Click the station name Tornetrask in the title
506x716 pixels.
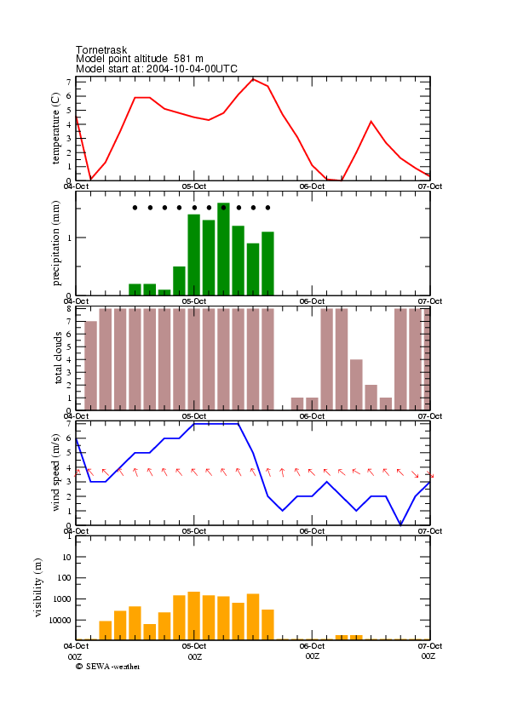[101, 49]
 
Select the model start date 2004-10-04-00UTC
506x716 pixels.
[192, 69]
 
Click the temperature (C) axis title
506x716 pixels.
[55, 129]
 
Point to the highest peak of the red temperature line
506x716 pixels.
[253, 79]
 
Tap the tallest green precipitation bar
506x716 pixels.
[223, 249]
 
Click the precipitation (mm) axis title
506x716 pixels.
[55, 243]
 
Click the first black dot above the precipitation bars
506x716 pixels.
[135, 208]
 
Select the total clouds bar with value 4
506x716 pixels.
[356, 385]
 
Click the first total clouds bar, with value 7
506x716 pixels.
[90, 365]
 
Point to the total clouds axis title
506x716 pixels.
[58, 358]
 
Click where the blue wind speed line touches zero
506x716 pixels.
[401, 525]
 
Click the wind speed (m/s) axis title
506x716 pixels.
[55, 473]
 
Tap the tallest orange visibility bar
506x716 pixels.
[194, 616]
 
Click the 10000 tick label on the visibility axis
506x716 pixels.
[60, 620]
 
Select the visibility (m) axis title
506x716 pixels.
[38, 587]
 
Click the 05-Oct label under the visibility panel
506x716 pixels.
[194, 646]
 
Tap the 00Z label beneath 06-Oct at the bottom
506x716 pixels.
[313, 656]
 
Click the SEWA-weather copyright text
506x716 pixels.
[108, 667]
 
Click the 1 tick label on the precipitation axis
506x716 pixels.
[70, 238]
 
